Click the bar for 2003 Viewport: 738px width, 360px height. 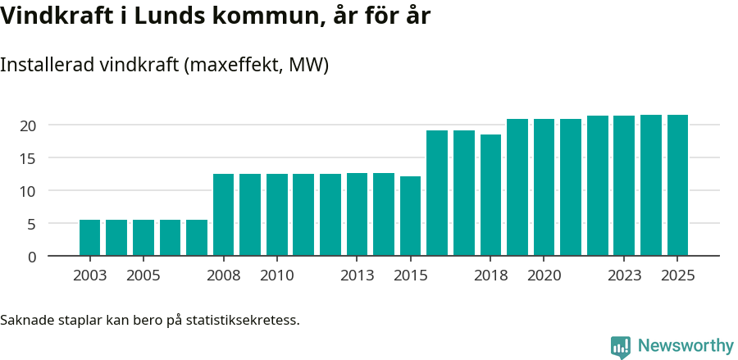click(89, 238)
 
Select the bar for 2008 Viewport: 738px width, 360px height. click(223, 215)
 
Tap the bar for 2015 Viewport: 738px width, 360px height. click(410, 216)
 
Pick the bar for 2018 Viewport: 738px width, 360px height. click(490, 195)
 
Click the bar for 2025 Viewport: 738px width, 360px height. click(677, 185)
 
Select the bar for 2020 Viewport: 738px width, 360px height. click(544, 187)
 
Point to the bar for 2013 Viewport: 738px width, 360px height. click(357, 214)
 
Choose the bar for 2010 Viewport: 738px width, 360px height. click(276, 215)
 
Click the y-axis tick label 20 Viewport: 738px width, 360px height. click(29, 125)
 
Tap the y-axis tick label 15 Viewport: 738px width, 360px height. click(29, 158)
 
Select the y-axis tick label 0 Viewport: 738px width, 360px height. click(33, 257)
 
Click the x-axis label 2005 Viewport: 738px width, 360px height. click(143, 276)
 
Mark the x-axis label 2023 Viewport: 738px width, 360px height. click(624, 276)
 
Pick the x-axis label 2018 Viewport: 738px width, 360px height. click(490, 276)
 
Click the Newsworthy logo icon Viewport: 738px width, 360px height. click(621, 347)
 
